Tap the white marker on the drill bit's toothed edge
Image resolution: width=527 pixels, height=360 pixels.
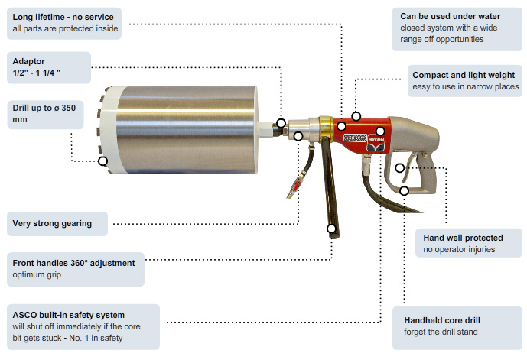102,161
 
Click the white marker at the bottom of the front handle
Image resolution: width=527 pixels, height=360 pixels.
331,228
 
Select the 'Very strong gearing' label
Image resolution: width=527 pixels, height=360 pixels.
52,224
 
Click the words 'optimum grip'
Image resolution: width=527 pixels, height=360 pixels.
38,274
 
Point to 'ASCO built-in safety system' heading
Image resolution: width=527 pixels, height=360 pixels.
69,314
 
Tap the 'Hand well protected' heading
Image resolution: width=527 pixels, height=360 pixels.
463,238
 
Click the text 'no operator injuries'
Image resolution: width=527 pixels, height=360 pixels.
460,250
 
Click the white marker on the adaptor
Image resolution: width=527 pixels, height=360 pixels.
281,123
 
